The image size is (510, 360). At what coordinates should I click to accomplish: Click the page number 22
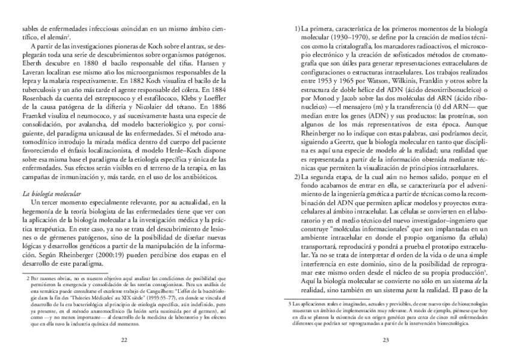(x=124, y=340)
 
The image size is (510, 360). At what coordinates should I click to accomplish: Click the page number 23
(x=386, y=340)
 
